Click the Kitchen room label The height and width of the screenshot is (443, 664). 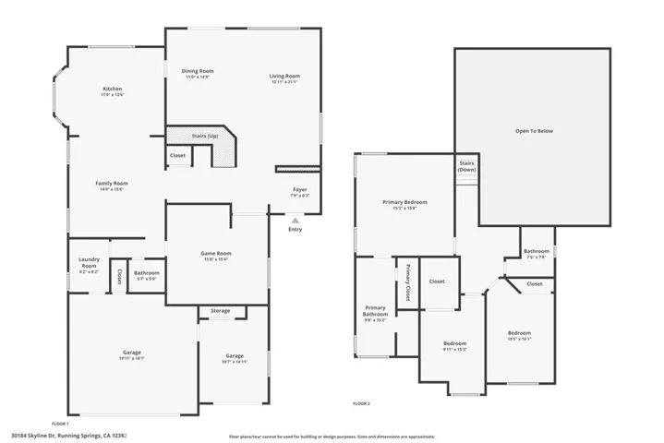point(112,89)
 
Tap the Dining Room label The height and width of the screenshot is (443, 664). point(198,71)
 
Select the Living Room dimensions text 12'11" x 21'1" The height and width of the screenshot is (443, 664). point(285,83)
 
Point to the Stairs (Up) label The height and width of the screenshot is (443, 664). point(204,136)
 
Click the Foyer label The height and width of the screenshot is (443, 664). point(300,188)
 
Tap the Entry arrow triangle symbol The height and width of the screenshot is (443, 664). point(295,221)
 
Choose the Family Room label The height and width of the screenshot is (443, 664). point(112,184)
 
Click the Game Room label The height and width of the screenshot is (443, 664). point(215,253)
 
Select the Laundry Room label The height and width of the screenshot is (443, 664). point(89,262)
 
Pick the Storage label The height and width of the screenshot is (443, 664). point(220,311)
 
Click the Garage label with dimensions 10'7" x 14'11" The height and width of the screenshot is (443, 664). point(235,356)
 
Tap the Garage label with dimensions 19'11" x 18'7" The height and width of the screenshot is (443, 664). point(132,352)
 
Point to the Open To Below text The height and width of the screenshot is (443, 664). point(534,131)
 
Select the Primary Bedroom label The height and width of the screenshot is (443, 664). point(404,201)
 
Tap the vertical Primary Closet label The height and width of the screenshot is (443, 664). point(407,283)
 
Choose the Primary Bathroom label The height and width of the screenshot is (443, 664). point(375,311)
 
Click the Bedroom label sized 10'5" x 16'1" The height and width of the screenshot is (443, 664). point(519,332)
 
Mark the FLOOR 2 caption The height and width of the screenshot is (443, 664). point(361,403)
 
